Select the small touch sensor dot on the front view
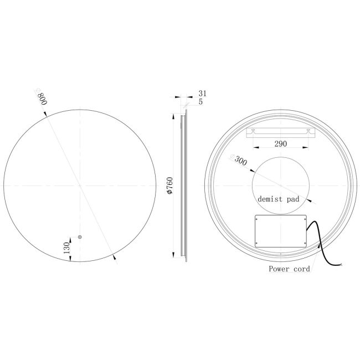[x=80, y=237]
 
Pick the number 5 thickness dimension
[x=200, y=101]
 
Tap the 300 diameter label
[x=240, y=161]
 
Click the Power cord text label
[x=289, y=269]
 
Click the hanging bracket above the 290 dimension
[x=281, y=132]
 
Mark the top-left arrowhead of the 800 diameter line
[x=45, y=114]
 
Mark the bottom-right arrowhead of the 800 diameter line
[x=114, y=256]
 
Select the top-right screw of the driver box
[x=304, y=220]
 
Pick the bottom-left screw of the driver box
[x=257, y=243]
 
